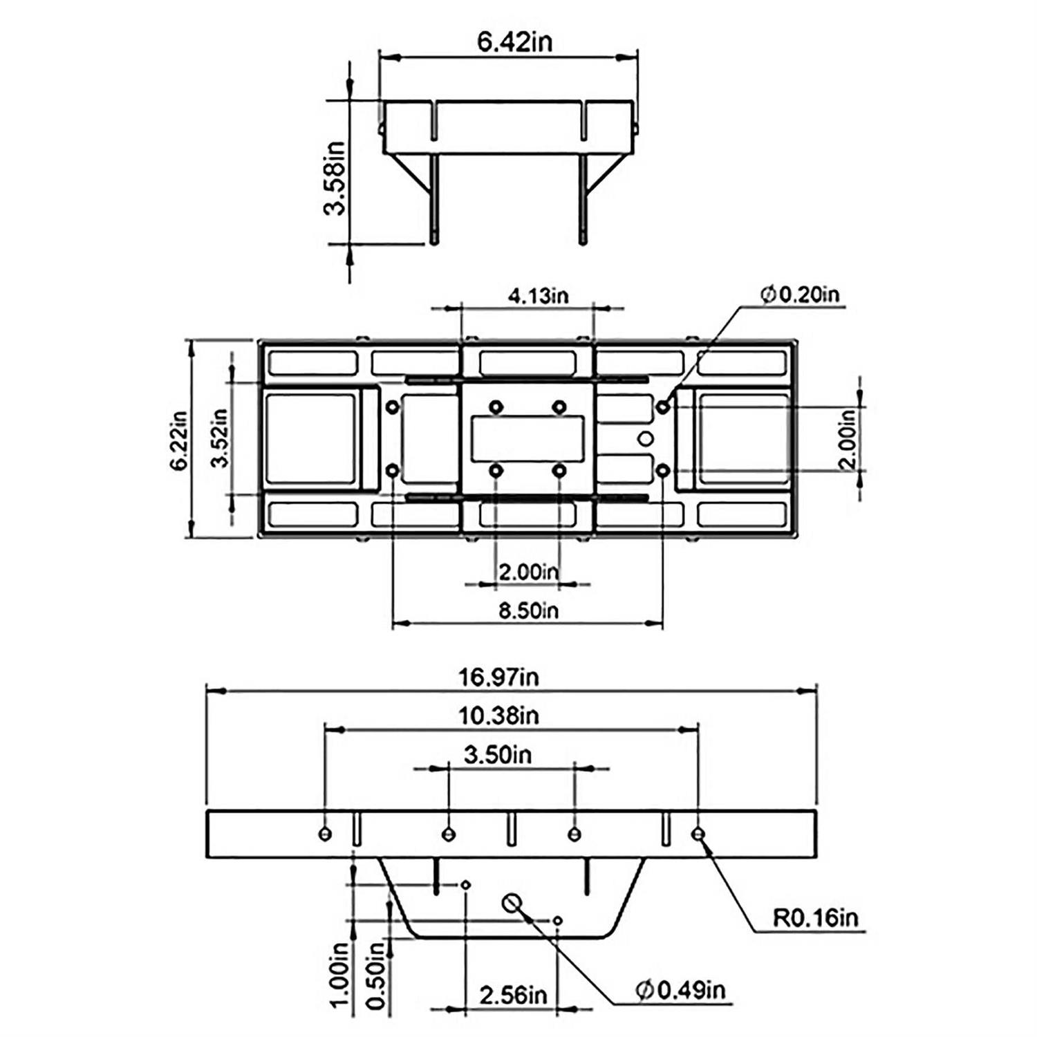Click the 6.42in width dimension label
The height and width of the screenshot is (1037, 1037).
515,42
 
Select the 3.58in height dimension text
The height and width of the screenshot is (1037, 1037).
335,178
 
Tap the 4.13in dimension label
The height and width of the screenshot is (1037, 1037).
538,296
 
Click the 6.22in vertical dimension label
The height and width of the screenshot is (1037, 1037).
179,441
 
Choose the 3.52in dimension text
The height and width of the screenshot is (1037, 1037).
220,438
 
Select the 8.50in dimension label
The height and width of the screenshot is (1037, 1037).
528,610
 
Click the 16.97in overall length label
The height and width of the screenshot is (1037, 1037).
498,677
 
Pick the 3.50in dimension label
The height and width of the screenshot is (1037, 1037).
498,754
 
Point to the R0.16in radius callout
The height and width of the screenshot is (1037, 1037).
815,918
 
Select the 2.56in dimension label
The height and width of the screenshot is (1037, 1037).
513,996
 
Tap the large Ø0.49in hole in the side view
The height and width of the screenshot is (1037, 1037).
512,902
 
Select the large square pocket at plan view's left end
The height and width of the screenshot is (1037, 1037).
310,438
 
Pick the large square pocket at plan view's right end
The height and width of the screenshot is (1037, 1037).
744,438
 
